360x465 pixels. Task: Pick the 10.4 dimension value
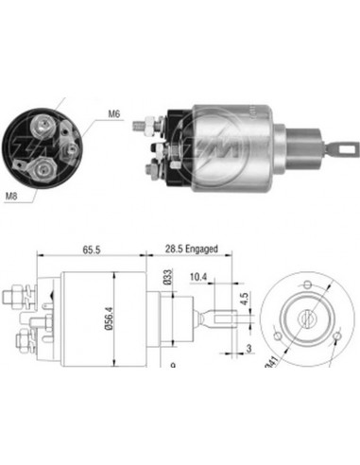pyautogui.click(x=197, y=276)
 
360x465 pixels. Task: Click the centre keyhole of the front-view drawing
pyautogui.click(x=304, y=319)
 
